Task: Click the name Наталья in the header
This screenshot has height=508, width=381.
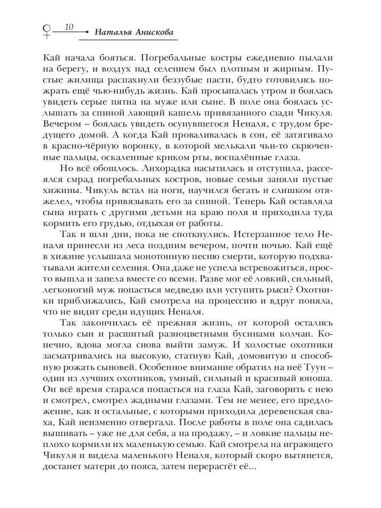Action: (x=112, y=32)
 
